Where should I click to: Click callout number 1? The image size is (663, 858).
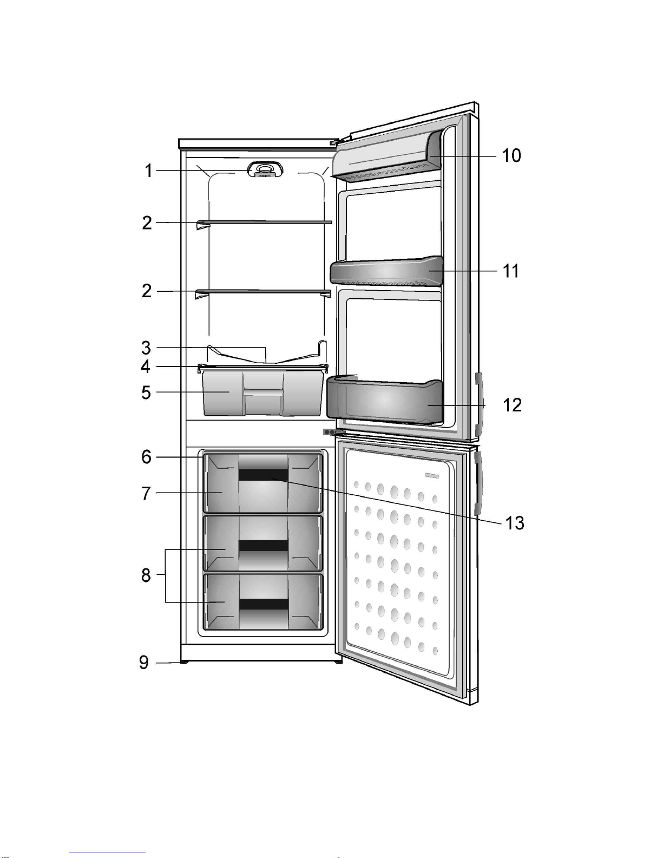148,171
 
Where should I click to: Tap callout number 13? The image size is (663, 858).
514,523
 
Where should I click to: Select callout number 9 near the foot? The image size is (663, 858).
144,662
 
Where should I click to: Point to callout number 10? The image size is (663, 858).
511,156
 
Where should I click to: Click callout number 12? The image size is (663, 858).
512,405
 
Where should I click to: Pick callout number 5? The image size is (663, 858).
146,392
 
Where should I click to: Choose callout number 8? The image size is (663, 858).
146,575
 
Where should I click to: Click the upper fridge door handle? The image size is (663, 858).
478,403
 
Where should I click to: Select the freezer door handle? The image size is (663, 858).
477,483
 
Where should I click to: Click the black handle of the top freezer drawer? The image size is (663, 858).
264,475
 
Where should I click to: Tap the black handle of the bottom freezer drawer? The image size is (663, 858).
264,604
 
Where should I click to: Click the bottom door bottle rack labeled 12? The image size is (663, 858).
384,401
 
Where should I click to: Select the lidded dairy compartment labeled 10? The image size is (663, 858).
387,156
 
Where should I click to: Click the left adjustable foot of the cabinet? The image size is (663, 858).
185,662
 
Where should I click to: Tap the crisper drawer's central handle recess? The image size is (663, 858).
264,391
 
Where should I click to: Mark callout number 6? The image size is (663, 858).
146,457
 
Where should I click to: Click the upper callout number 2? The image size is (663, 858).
147,222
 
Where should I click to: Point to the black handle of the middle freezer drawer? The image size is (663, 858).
264,545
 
